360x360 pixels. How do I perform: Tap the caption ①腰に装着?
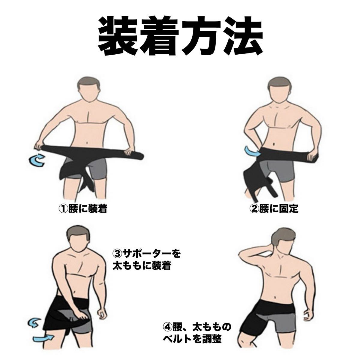click(83, 209)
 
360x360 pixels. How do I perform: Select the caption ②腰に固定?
click(274, 209)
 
